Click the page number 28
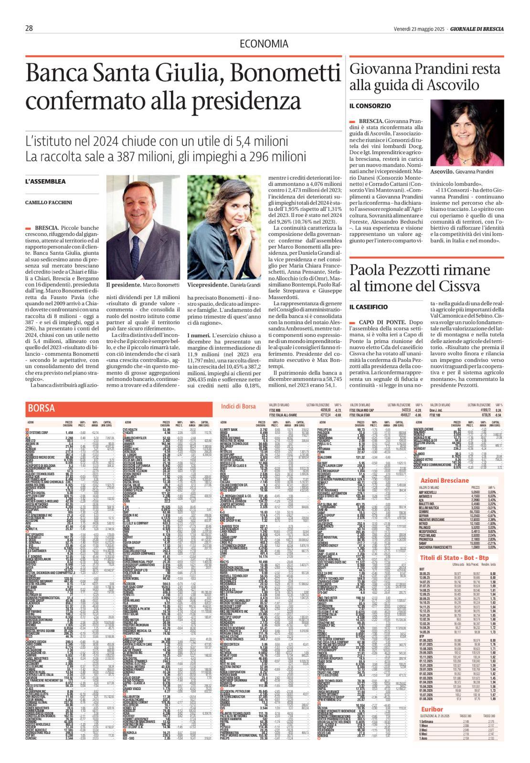point(29,29)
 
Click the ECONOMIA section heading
point(264,44)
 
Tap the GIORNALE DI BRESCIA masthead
point(477,29)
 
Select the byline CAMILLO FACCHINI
point(49,203)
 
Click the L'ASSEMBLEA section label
point(45,182)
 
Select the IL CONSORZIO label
point(370,106)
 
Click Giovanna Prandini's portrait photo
point(466,133)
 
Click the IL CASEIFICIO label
point(369,307)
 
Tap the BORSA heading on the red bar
point(42,408)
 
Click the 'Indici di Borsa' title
point(238,406)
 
